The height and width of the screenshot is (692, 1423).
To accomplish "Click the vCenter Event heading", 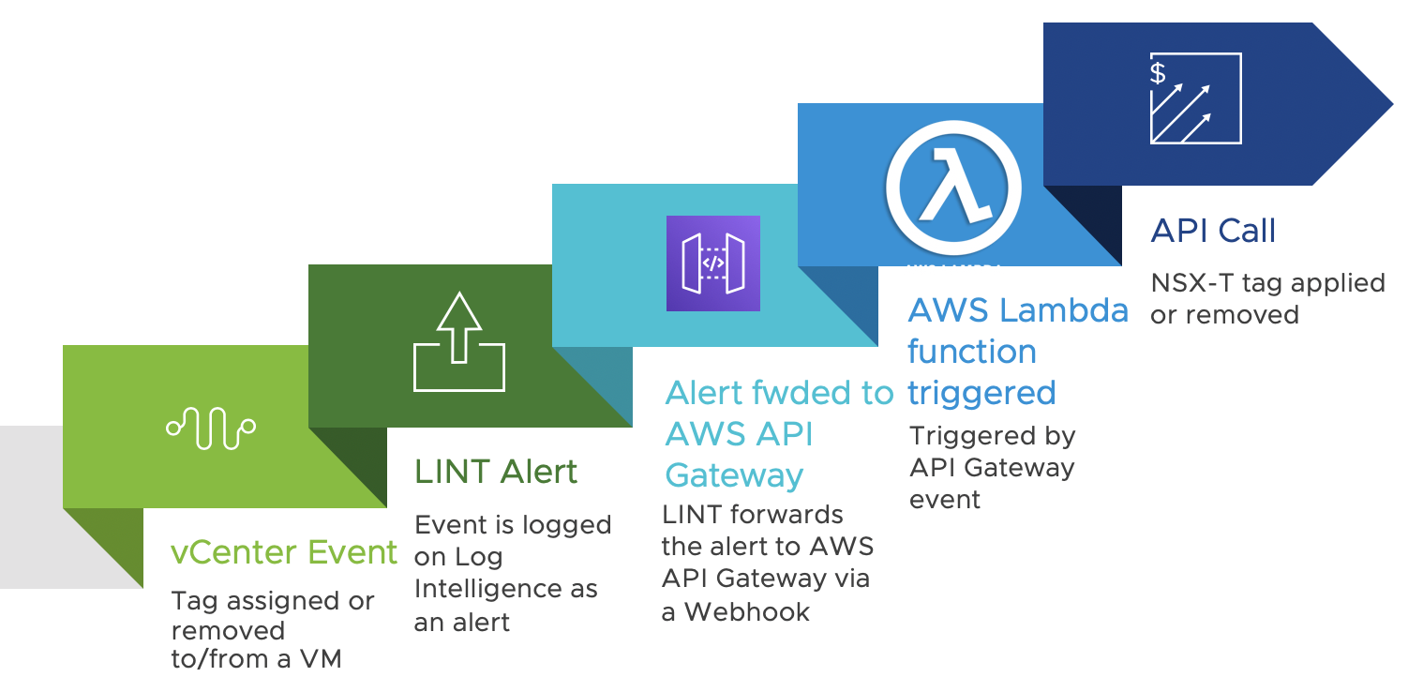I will coord(284,552).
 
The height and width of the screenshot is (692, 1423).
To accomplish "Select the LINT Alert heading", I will coord(496,471).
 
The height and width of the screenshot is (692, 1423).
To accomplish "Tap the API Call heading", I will coord(1213,231).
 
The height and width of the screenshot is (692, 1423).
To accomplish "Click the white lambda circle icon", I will coord(953,187).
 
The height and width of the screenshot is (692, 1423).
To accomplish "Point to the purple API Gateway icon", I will coord(712,263).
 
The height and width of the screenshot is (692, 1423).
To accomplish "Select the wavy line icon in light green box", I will coord(211,428).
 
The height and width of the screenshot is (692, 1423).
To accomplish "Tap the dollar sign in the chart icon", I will coord(1159,73).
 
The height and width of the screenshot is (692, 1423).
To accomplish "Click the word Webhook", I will coord(747,611).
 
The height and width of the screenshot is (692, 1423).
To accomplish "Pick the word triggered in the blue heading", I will coord(981,392).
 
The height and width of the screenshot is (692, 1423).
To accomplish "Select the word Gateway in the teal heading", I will coord(734,475).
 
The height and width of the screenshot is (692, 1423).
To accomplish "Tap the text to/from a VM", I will coord(256,659).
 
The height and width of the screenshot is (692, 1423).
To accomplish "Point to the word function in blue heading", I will coord(971,352).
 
